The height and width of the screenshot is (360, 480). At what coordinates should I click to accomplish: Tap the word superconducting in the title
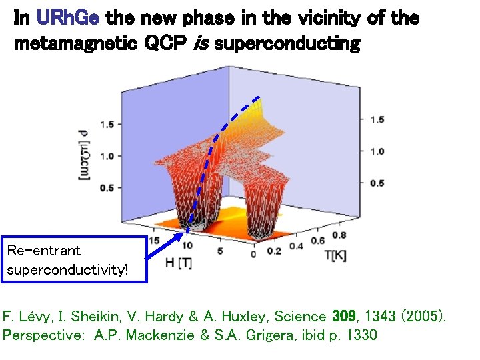point(287,45)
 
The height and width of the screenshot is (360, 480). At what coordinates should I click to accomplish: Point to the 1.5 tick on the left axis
point(107,125)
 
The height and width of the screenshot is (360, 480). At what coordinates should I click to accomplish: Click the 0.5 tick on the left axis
point(107,188)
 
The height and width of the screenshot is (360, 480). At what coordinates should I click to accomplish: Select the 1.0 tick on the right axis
point(377,151)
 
